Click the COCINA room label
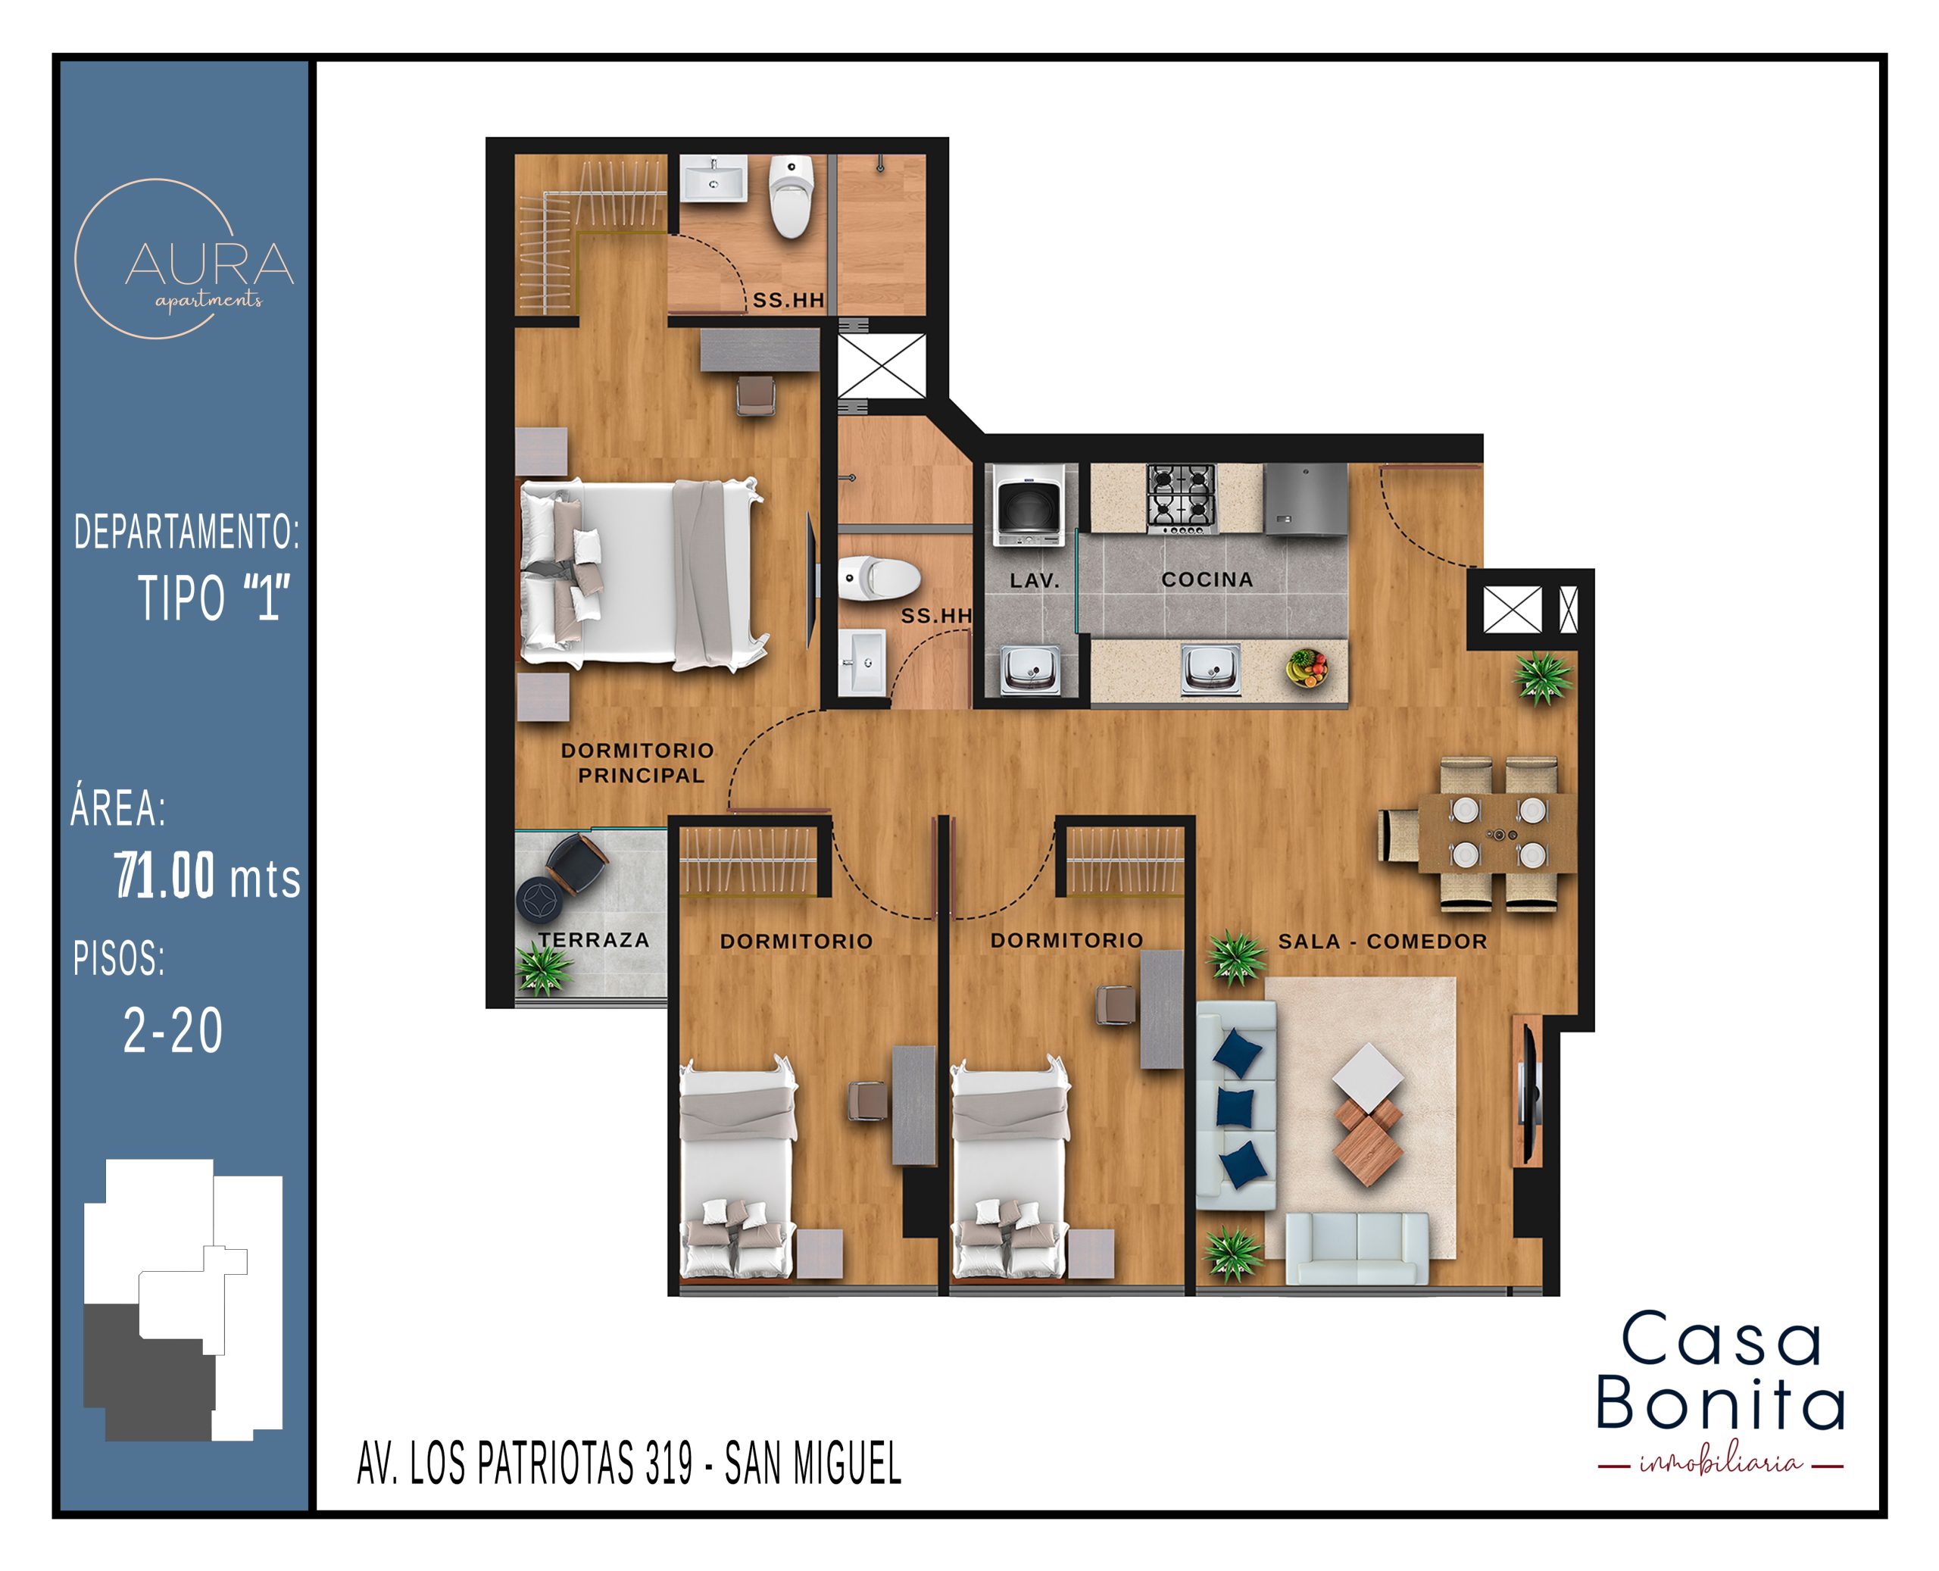pos(1207,579)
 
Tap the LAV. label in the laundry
pos(1034,581)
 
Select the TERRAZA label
pos(595,940)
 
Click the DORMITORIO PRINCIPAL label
pos(639,763)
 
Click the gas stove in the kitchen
pos(1182,498)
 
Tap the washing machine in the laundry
pos(1029,506)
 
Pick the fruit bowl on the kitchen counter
pos(1307,669)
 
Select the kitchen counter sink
pos(1210,670)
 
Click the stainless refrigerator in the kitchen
pos(1306,499)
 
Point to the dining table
pos(1497,832)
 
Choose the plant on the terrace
pos(544,968)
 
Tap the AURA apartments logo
pos(185,260)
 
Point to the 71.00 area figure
pos(164,875)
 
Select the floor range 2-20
pos(173,1030)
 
